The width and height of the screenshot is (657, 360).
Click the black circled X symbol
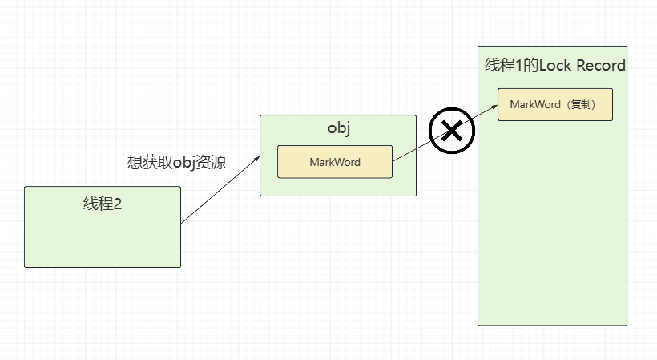452,131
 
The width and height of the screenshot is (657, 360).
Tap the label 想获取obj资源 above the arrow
176,162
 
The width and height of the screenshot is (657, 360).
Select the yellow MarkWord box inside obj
334,162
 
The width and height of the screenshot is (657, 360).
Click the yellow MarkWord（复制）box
554,104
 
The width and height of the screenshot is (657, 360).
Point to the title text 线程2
102,204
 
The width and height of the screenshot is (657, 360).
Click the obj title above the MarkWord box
338,129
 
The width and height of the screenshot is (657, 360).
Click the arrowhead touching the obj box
257,158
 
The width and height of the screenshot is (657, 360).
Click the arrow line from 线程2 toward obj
220,191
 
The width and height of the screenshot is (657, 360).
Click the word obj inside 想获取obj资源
185,162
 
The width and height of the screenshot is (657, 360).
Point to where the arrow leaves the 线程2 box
182,224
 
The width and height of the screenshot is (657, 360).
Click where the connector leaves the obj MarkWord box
393,161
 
